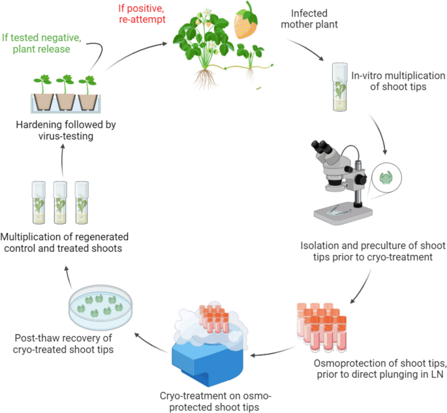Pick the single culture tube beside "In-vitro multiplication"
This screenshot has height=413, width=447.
click(339, 87)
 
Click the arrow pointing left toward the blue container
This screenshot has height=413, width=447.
click(268, 356)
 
